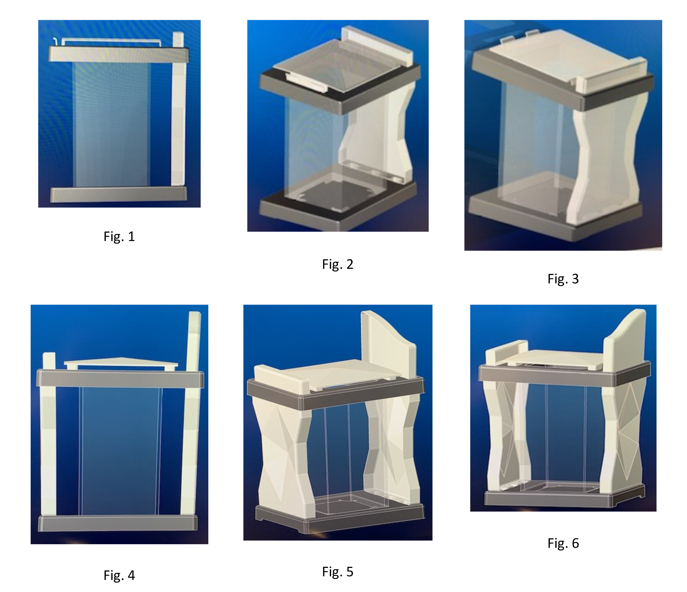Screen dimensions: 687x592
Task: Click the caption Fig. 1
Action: coord(119,237)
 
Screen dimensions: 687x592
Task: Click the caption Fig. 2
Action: coord(338,264)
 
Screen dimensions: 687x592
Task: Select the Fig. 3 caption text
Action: coord(563,279)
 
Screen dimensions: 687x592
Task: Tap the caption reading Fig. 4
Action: coord(119,575)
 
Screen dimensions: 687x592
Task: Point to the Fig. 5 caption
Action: coord(338,572)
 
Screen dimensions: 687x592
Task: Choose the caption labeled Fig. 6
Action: coord(563,543)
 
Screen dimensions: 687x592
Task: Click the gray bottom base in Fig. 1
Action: coord(119,194)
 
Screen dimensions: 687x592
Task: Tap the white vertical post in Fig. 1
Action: coord(178,110)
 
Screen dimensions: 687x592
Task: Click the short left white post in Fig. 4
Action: coord(49,435)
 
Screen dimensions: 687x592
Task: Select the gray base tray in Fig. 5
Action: coord(339,519)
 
